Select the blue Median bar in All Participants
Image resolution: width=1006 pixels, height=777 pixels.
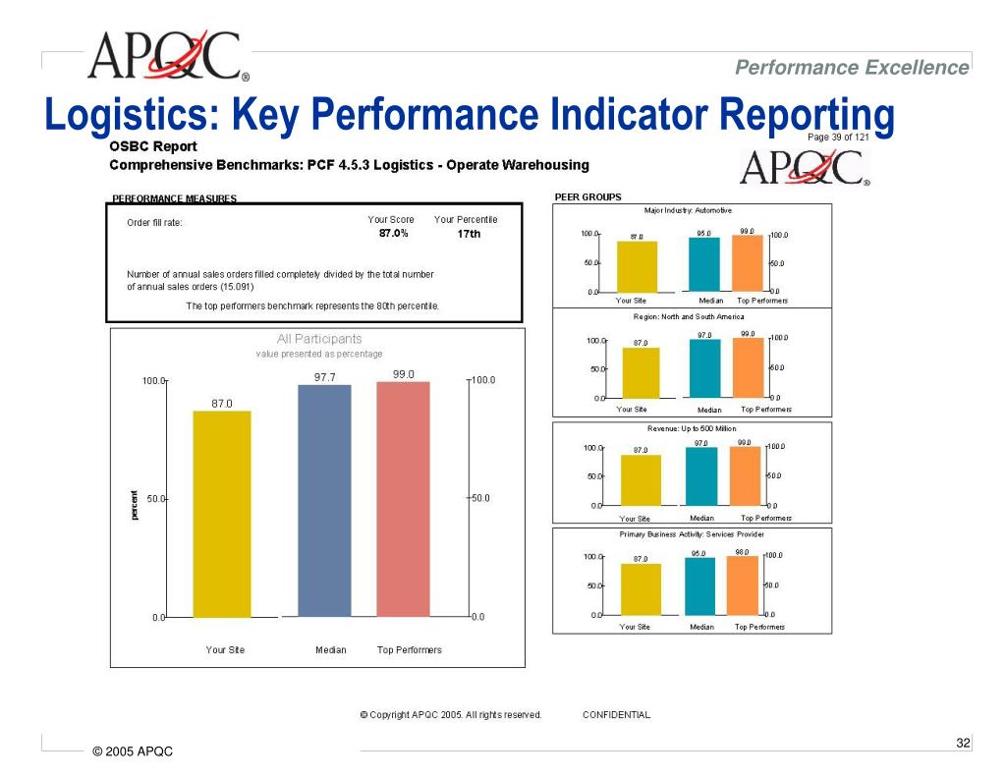[324, 501]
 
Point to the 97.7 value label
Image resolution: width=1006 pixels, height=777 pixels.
[325, 376]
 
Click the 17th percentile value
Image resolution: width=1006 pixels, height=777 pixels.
[470, 234]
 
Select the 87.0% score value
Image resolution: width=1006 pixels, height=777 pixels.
[394, 234]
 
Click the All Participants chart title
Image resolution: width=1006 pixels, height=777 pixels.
[319, 339]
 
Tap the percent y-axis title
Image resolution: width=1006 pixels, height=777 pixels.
[135, 505]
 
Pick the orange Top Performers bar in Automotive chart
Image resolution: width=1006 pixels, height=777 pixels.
[747, 262]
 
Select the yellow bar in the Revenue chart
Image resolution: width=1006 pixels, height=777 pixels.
[640, 480]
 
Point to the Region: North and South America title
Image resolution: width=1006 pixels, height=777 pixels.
[689, 317]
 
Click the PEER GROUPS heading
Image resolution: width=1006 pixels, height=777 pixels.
[587, 196]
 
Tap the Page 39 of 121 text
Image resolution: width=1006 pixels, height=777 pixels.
[838, 138]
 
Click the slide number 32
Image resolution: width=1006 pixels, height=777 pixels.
[963, 743]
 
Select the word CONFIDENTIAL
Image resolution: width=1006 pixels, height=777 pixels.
[616, 715]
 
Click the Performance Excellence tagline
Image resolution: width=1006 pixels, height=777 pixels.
[852, 67]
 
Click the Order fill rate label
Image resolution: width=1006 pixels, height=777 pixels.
[155, 223]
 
